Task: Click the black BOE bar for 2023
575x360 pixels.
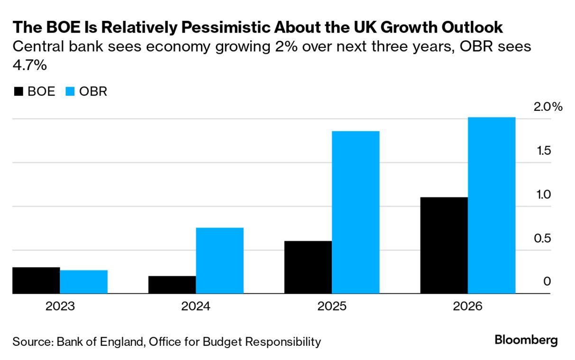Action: point(36,280)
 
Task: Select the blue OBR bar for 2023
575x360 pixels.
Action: point(83,282)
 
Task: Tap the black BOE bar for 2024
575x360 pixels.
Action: point(172,285)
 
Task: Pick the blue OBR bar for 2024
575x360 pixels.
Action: point(219,261)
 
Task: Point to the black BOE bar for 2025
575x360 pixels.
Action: point(308,267)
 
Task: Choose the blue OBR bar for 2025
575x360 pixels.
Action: point(356,212)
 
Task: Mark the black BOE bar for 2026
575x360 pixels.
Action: point(444,245)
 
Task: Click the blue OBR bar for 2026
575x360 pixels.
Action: point(492,205)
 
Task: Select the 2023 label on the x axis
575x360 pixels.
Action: point(60,306)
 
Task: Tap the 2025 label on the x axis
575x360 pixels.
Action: point(332,306)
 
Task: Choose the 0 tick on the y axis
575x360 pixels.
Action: point(547,282)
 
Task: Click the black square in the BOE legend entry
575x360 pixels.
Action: point(18,91)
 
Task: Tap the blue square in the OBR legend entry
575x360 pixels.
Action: point(69,91)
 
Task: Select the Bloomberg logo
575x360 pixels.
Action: point(526,340)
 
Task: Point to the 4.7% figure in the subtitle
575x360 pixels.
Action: point(29,65)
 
